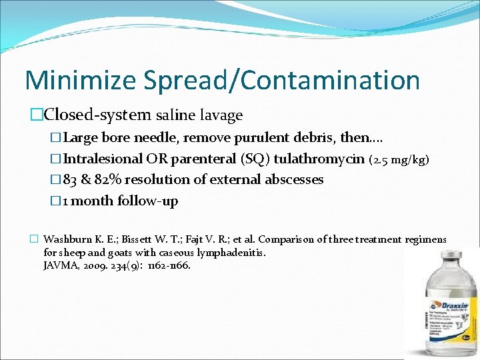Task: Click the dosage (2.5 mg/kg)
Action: (400, 160)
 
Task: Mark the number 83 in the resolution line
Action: (71, 180)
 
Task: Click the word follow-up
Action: (148, 201)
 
